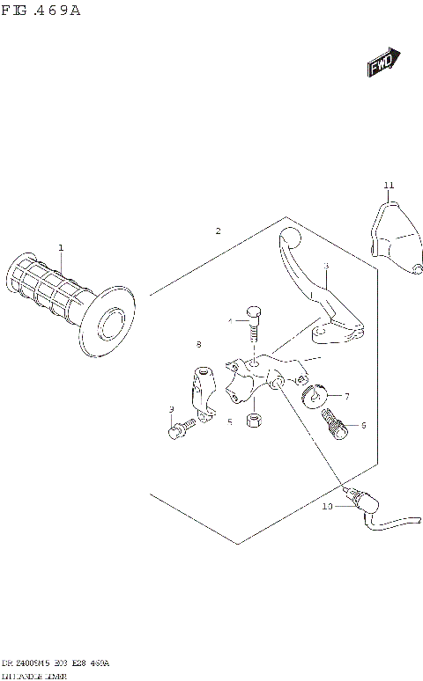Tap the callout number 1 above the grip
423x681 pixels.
[61, 248]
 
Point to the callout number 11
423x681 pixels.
[389, 185]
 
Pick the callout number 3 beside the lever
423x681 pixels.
[325, 266]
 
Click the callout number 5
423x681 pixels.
[229, 422]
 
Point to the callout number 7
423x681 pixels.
[346, 397]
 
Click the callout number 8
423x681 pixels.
[199, 344]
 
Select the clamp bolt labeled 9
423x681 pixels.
[177, 431]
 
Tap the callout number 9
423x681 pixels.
[171, 409]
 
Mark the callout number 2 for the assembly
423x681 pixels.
[218, 231]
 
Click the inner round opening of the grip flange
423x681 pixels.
[113, 323]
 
